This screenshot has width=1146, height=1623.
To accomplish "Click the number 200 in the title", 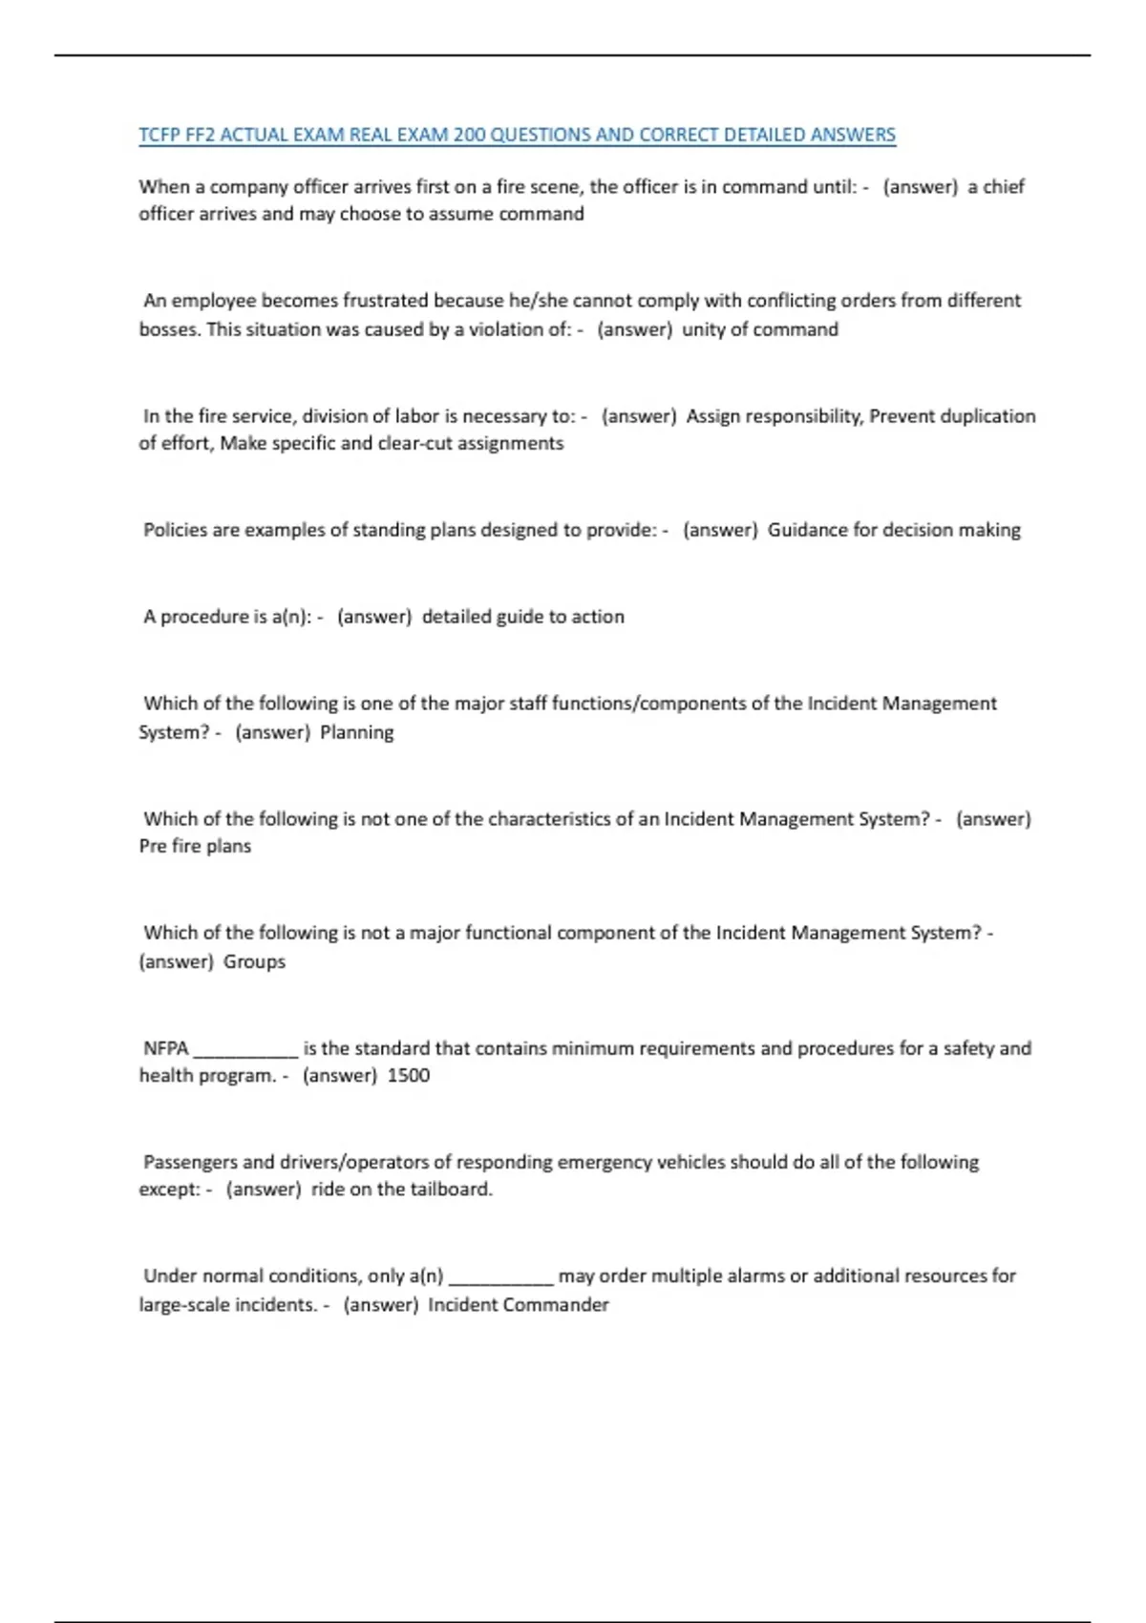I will point(469,135).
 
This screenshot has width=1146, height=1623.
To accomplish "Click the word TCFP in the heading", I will point(159,135).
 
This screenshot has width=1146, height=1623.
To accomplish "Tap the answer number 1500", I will point(409,1075).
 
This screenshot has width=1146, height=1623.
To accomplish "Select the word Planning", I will point(357,732).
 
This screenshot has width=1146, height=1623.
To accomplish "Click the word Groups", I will point(254,961).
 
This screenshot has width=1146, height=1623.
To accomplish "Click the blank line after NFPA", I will point(246,1050).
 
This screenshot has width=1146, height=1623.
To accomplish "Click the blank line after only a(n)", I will point(501,1277).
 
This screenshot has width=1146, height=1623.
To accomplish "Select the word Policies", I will point(175,530).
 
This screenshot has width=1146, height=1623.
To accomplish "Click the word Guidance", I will point(806,530).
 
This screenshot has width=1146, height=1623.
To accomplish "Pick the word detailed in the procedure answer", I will point(455,617).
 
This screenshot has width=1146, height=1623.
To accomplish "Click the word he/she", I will point(538,301).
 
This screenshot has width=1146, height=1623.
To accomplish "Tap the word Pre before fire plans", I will point(153,846).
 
